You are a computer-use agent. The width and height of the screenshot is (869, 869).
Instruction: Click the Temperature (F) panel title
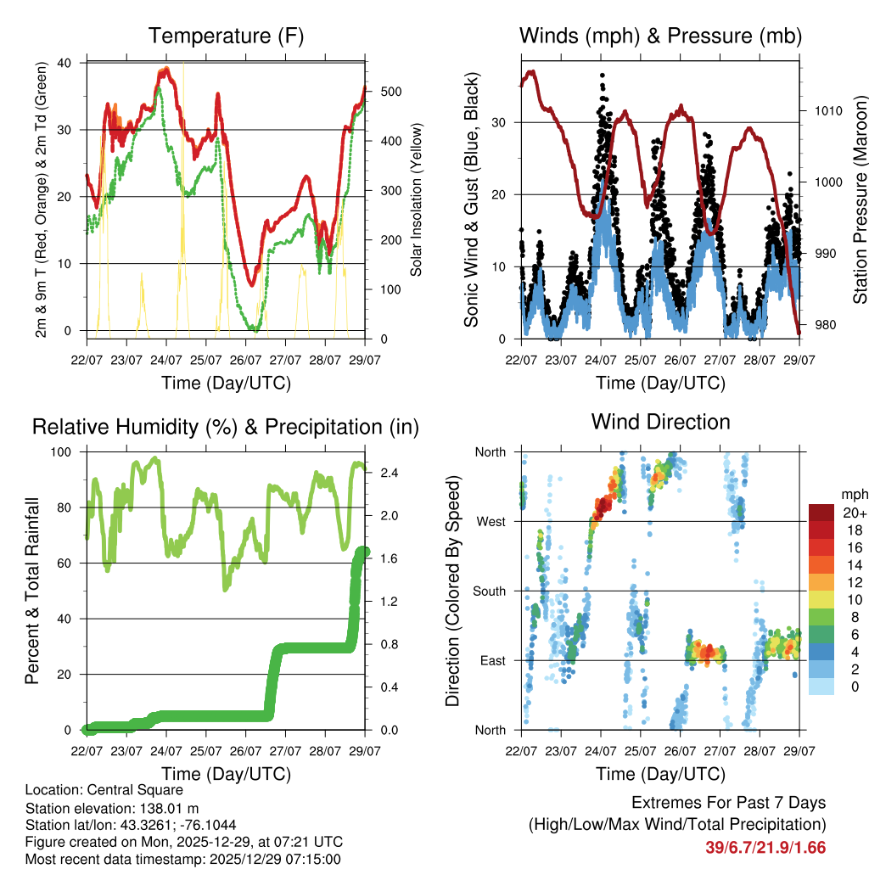click(226, 36)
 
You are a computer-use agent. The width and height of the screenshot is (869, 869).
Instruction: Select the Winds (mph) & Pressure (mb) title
click(660, 36)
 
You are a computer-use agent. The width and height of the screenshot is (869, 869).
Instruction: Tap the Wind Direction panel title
click(660, 422)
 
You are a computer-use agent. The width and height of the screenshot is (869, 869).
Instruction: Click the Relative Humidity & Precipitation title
click(226, 427)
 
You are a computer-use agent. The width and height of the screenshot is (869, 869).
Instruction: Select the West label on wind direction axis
click(491, 521)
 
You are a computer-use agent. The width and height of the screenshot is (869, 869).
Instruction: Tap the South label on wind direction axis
click(489, 591)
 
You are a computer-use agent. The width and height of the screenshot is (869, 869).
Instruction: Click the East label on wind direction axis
click(492, 660)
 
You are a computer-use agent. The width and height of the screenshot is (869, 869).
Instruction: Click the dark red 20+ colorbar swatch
click(821, 512)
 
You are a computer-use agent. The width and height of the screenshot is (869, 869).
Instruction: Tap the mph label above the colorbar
click(853, 494)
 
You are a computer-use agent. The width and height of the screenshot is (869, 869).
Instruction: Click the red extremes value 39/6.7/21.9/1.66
click(765, 847)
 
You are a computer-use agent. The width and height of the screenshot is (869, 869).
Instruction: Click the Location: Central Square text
click(104, 789)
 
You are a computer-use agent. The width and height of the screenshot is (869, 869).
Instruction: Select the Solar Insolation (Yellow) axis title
click(417, 199)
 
